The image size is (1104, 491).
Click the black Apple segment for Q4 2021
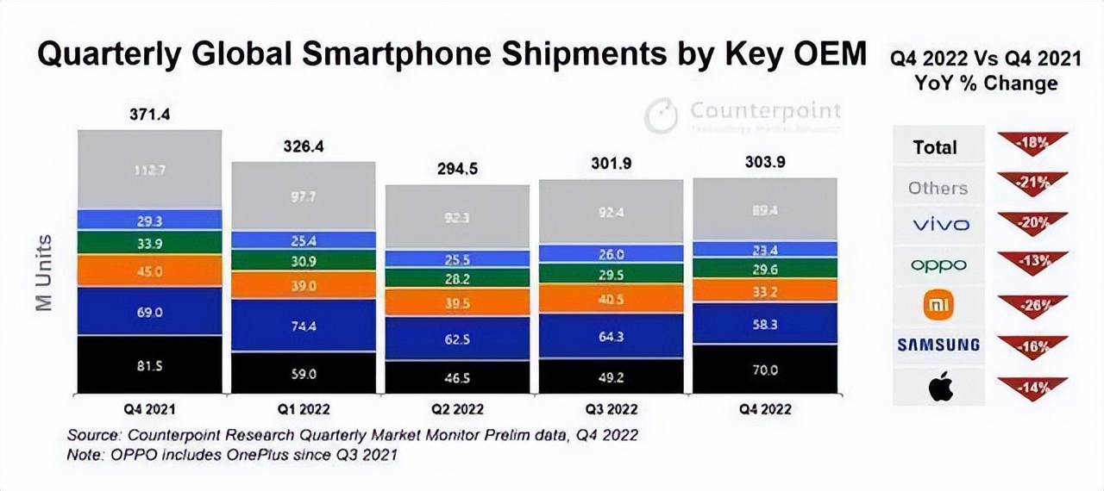pos(150,364)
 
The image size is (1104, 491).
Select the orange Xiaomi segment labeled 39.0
pos(304,285)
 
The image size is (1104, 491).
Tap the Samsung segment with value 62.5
pos(457,339)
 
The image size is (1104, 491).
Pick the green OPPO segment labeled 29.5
pos(611,275)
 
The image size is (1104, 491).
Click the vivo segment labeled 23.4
pos(764,249)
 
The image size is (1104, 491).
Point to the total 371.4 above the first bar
pos(150,115)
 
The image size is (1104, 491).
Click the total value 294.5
pos(457,170)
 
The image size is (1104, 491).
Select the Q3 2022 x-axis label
pos(611,409)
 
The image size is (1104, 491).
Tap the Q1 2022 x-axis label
pos(304,409)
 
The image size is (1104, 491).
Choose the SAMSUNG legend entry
pos(938,345)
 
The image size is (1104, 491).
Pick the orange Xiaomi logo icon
pos(938,305)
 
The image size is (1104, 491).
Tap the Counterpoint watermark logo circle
pos(661,116)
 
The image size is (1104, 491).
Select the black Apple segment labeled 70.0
pos(764,370)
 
